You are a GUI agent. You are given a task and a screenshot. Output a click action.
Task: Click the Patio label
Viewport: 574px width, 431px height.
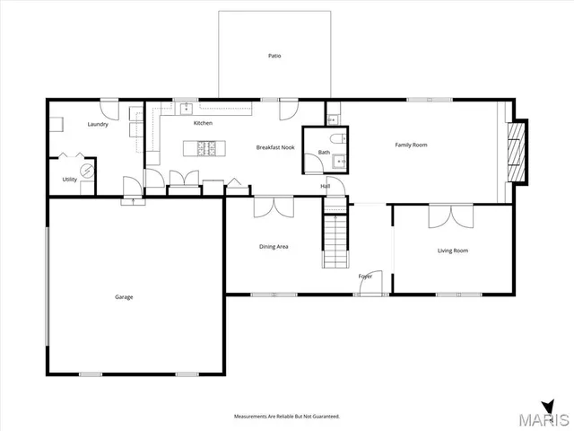(x=274, y=56)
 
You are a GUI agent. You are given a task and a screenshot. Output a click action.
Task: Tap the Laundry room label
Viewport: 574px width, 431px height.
(x=98, y=125)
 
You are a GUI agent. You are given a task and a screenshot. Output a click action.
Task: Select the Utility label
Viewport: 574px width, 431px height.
(x=69, y=180)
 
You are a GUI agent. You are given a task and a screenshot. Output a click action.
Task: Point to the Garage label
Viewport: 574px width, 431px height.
(x=124, y=296)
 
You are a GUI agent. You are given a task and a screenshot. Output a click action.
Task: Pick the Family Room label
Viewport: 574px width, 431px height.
(x=412, y=145)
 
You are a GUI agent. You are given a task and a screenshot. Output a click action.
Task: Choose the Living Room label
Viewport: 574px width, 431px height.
(x=453, y=251)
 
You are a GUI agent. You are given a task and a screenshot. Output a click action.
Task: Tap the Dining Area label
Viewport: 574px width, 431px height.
(x=274, y=247)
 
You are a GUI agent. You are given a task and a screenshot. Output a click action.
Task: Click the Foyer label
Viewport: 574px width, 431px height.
(x=366, y=276)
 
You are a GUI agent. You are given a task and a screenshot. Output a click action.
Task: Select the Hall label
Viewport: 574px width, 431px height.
(x=326, y=186)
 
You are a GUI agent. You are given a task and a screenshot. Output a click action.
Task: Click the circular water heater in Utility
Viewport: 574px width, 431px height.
(x=87, y=170)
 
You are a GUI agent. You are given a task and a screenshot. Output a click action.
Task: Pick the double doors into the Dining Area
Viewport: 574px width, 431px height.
(x=274, y=207)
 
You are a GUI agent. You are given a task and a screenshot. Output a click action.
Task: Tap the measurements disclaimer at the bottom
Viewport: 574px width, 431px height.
(x=287, y=417)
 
